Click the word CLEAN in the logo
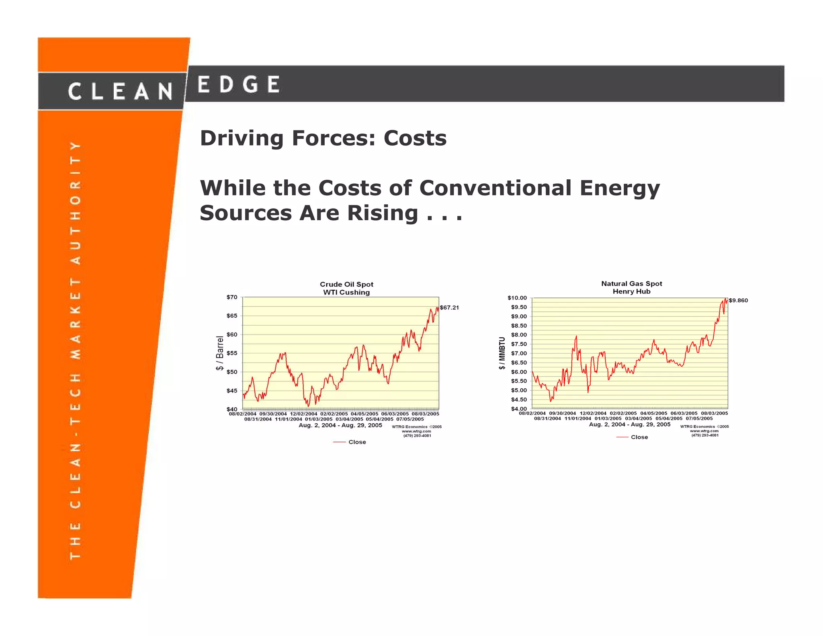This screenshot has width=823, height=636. pos(120,92)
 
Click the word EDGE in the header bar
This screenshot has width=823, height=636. pos(239,84)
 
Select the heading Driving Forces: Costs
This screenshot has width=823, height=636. pos(323,138)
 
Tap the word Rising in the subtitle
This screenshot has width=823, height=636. pos(383,213)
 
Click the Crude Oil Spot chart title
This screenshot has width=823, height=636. pos(346,285)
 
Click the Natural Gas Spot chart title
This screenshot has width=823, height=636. pos(631,284)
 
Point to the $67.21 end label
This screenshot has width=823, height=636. pos(449,308)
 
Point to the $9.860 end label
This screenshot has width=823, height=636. pos(738,300)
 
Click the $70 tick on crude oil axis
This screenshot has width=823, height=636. pos(232,297)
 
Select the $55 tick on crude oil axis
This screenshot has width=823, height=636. pos(232,353)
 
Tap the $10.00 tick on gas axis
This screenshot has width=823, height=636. pos(517,298)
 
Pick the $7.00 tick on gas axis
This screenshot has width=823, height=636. pos(518,353)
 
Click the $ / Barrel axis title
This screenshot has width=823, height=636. pos(219,353)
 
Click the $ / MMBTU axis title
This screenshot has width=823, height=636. pos(502,353)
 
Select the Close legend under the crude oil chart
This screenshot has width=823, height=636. pos(357,442)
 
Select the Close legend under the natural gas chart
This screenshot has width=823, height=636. pos(639,437)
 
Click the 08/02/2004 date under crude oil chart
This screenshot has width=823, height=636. pos(242,414)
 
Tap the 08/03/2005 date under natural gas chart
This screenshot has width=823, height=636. pos(714,413)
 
